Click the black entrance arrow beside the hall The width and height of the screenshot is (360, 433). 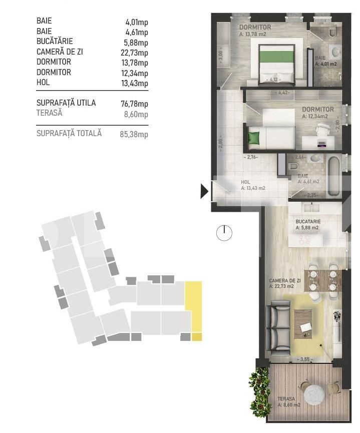tap(204, 191)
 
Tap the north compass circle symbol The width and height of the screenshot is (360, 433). tap(225, 232)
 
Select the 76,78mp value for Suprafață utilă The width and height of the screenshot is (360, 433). tap(136, 104)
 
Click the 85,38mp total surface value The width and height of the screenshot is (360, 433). tap(136, 134)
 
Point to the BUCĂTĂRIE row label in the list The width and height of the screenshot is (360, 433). tap(55, 42)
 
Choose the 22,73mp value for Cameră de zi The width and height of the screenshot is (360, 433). tap(136, 53)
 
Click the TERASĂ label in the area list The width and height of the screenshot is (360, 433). tap(50, 113)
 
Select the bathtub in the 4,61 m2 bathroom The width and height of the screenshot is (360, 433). tap(334, 176)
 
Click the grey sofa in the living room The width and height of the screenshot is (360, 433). tap(275, 327)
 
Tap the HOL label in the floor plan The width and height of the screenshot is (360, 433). tap(245, 183)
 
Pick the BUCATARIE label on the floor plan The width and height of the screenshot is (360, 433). tap(308, 221)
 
